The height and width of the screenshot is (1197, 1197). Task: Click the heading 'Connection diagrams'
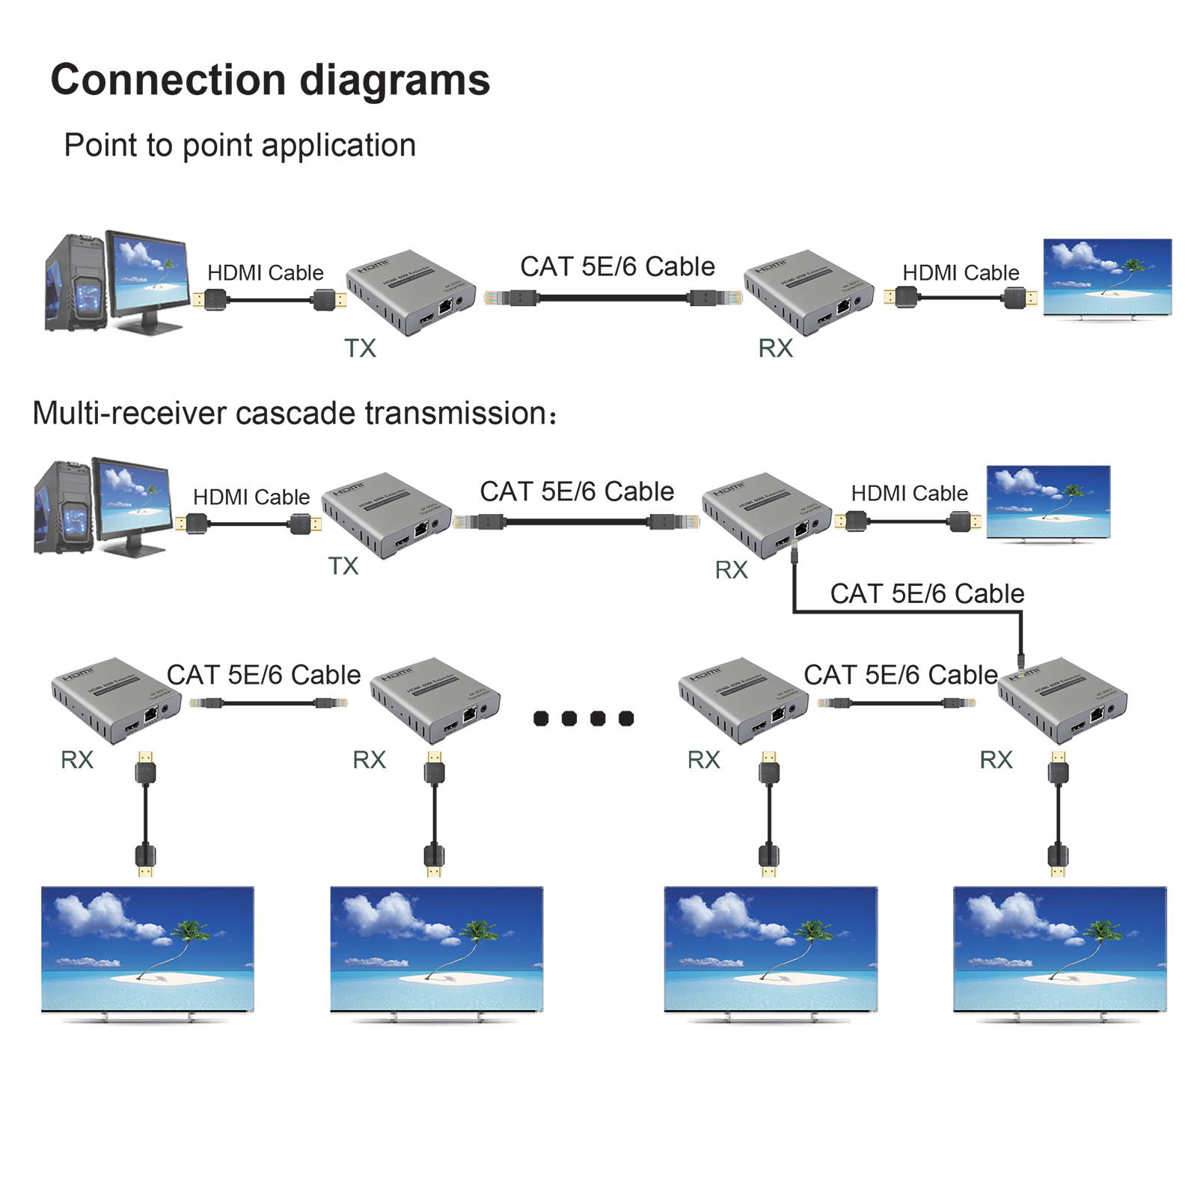pyautogui.click(x=270, y=80)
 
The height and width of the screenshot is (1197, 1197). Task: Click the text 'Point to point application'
pyautogui.click(x=239, y=145)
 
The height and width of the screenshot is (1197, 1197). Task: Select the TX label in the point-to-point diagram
pyautogui.click(x=360, y=348)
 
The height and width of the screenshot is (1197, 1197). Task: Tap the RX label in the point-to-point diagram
pyautogui.click(x=775, y=348)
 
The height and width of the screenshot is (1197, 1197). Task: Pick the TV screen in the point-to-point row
pyautogui.click(x=1107, y=277)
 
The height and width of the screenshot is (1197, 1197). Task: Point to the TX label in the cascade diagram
pyautogui.click(x=343, y=566)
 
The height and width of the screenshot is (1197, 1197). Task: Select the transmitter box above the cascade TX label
pyautogui.click(x=387, y=515)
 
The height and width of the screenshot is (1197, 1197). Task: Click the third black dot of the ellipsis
pyautogui.click(x=598, y=718)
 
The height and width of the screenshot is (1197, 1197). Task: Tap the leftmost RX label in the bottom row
pyautogui.click(x=76, y=760)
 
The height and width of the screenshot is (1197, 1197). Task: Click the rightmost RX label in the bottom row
pyautogui.click(x=996, y=760)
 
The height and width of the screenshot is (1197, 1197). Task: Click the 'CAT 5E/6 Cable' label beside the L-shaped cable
pyautogui.click(x=927, y=594)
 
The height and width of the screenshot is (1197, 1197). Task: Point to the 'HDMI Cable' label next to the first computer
pyautogui.click(x=265, y=273)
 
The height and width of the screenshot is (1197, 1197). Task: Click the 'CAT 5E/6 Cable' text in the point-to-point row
pyautogui.click(x=617, y=266)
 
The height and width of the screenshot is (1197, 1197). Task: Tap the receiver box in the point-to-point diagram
pyautogui.click(x=808, y=292)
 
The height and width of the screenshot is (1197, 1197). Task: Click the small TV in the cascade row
pyautogui.click(x=1048, y=500)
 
